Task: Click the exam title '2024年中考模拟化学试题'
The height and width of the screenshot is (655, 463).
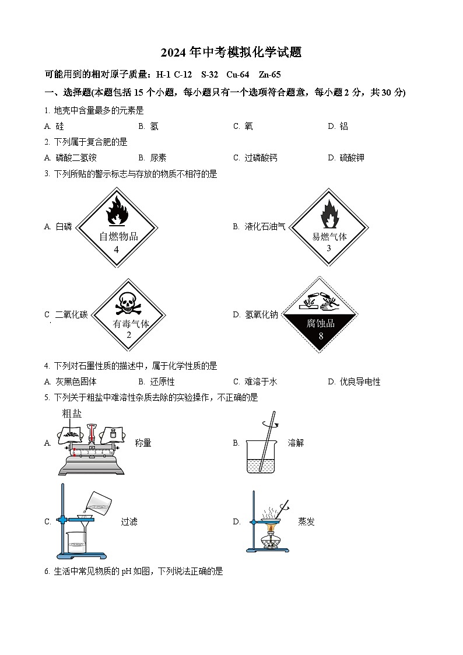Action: (232, 52)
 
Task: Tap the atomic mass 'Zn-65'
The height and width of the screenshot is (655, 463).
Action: (270, 74)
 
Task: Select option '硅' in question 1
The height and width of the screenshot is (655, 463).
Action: (59, 126)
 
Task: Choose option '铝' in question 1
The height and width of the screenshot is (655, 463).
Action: (343, 126)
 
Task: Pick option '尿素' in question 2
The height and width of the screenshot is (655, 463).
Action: (158, 157)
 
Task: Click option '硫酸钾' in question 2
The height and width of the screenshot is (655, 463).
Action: (352, 157)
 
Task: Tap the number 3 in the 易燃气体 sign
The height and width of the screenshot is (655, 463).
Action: (328, 248)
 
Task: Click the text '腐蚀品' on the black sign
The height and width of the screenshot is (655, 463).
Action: (321, 323)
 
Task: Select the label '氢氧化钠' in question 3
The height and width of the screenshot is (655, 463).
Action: (261, 314)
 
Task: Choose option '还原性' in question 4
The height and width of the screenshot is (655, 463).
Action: (163, 381)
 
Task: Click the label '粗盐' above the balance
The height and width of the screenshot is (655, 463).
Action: (72, 414)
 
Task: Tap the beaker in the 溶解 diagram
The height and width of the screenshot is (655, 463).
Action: (261, 457)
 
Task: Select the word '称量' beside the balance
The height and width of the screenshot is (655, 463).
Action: (143, 443)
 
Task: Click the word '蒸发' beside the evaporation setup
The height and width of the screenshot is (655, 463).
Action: (306, 521)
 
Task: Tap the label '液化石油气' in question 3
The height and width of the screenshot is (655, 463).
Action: (265, 226)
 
